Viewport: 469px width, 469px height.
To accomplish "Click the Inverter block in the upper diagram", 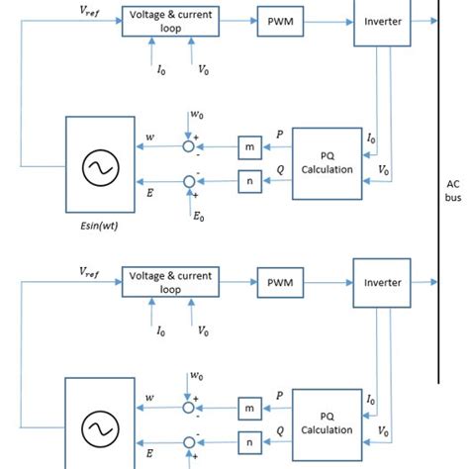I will [x=381, y=22].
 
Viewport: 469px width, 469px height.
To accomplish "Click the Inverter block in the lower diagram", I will [x=381, y=282].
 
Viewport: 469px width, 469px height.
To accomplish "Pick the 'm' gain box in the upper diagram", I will [x=247, y=146].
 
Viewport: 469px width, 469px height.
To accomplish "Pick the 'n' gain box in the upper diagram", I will [x=247, y=181].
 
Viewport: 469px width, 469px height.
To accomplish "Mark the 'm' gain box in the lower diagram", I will [x=247, y=409].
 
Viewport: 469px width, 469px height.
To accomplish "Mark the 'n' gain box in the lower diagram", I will [x=247, y=442].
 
